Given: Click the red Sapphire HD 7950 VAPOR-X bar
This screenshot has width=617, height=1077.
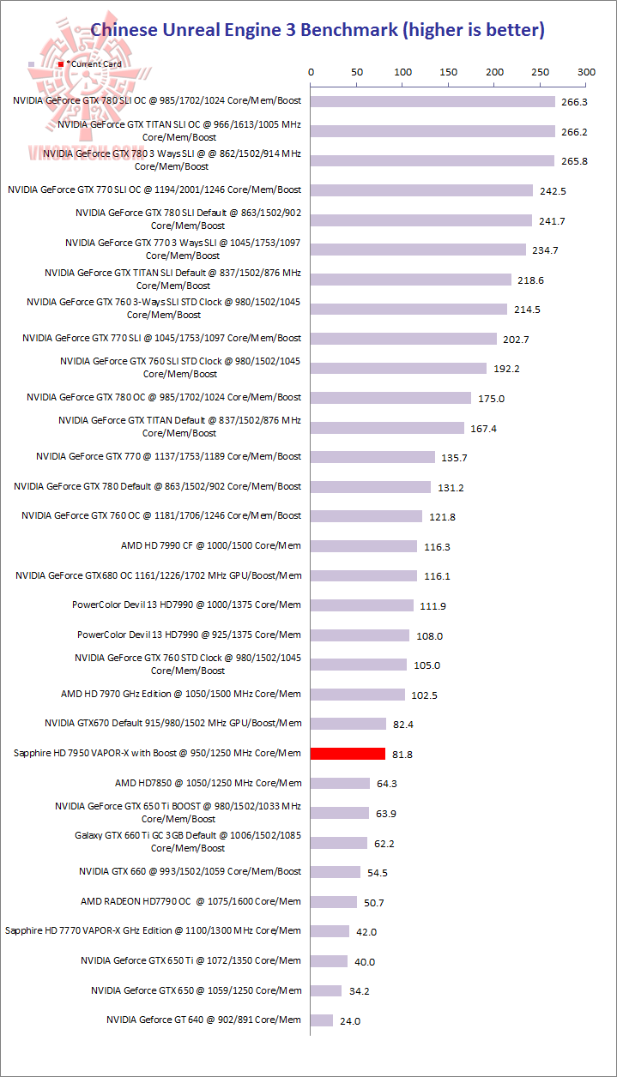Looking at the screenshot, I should (x=348, y=754).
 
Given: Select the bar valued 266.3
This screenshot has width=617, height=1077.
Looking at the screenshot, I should (x=433, y=101).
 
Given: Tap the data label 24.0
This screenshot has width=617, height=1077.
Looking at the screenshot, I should (x=350, y=1021).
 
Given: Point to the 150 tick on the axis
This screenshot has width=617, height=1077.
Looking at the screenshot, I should (x=448, y=73).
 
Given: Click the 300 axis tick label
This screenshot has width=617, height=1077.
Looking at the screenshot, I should (x=586, y=73).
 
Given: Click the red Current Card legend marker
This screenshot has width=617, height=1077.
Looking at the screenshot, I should (x=60, y=64).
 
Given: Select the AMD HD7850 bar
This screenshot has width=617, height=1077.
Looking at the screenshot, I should (x=340, y=783).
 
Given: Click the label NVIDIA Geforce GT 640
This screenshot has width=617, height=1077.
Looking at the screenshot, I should (x=203, y=1020).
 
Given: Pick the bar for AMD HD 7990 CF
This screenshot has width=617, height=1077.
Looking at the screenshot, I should (x=364, y=546).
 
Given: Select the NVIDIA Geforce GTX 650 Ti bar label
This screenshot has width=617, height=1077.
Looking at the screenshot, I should (x=191, y=960).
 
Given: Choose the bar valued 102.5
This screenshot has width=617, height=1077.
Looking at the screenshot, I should (x=358, y=695).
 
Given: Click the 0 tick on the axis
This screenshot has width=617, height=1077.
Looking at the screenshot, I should (x=311, y=73).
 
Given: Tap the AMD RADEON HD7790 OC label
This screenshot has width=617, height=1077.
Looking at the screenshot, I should (x=191, y=901).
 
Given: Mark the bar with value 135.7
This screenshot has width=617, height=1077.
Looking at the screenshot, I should (x=372, y=457).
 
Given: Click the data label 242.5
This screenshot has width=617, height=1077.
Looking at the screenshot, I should (x=553, y=190).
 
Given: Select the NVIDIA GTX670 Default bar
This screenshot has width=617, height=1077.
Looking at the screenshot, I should (x=348, y=724).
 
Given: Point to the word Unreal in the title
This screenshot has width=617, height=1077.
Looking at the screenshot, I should (x=197, y=30).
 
